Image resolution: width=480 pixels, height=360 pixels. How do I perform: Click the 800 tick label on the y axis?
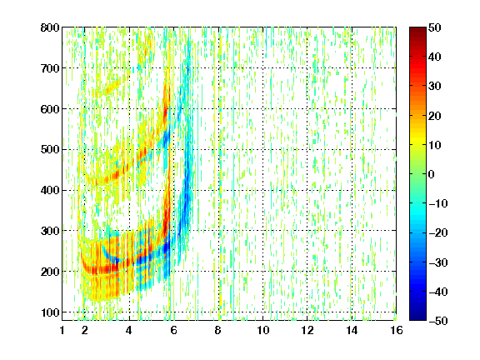(x=50, y=27)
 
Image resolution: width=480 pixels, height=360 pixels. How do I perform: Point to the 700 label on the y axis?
(x=50, y=68)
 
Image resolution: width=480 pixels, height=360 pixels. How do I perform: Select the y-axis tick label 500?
(x=50, y=150)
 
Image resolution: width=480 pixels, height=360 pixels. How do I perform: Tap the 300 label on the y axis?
(x=50, y=231)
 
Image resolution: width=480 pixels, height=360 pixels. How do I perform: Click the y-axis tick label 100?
(x=50, y=312)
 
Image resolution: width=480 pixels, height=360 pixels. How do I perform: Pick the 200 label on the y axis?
(x=50, y=272)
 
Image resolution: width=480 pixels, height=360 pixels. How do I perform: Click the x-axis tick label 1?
(x=62, y=330)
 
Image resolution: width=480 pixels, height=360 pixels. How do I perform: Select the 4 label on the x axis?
(x=129, y=330)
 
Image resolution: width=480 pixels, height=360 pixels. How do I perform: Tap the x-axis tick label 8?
(x=218, y=330)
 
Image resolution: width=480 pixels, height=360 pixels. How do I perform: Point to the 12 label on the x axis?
(x=307, y=330)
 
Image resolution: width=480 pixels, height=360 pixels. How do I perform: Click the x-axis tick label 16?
(x=397, y=330)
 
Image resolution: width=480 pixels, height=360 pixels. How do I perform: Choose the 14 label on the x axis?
(x=352, y=330)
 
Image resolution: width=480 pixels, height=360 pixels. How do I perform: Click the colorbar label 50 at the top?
(x=434, y=27)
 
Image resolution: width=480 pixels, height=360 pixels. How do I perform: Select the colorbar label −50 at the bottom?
(x=438, y=321)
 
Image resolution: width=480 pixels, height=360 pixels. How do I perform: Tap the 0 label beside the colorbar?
(x=431, y=174)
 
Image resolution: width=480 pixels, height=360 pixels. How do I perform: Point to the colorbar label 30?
(x=434, y=86)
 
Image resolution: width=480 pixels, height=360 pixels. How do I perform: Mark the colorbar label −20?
(x=438, y=232)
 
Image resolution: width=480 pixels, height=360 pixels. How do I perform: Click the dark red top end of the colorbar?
(x=417, y=30)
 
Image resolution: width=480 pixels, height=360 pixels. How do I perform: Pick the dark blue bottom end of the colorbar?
(x=417, y=317)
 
